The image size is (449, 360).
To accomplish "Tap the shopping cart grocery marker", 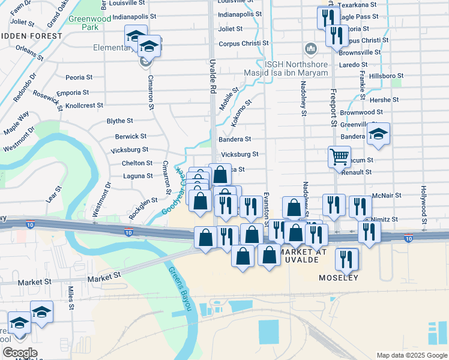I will tap(339, 157).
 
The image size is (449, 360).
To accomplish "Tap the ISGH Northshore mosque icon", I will tap(311, 48).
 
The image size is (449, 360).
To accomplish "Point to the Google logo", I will tap(20, 353).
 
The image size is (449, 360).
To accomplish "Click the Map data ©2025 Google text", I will tap(411, 355).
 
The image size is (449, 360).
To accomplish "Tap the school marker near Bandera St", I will tap(378, 134).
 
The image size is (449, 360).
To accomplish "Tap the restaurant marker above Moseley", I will tap(346, 259).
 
